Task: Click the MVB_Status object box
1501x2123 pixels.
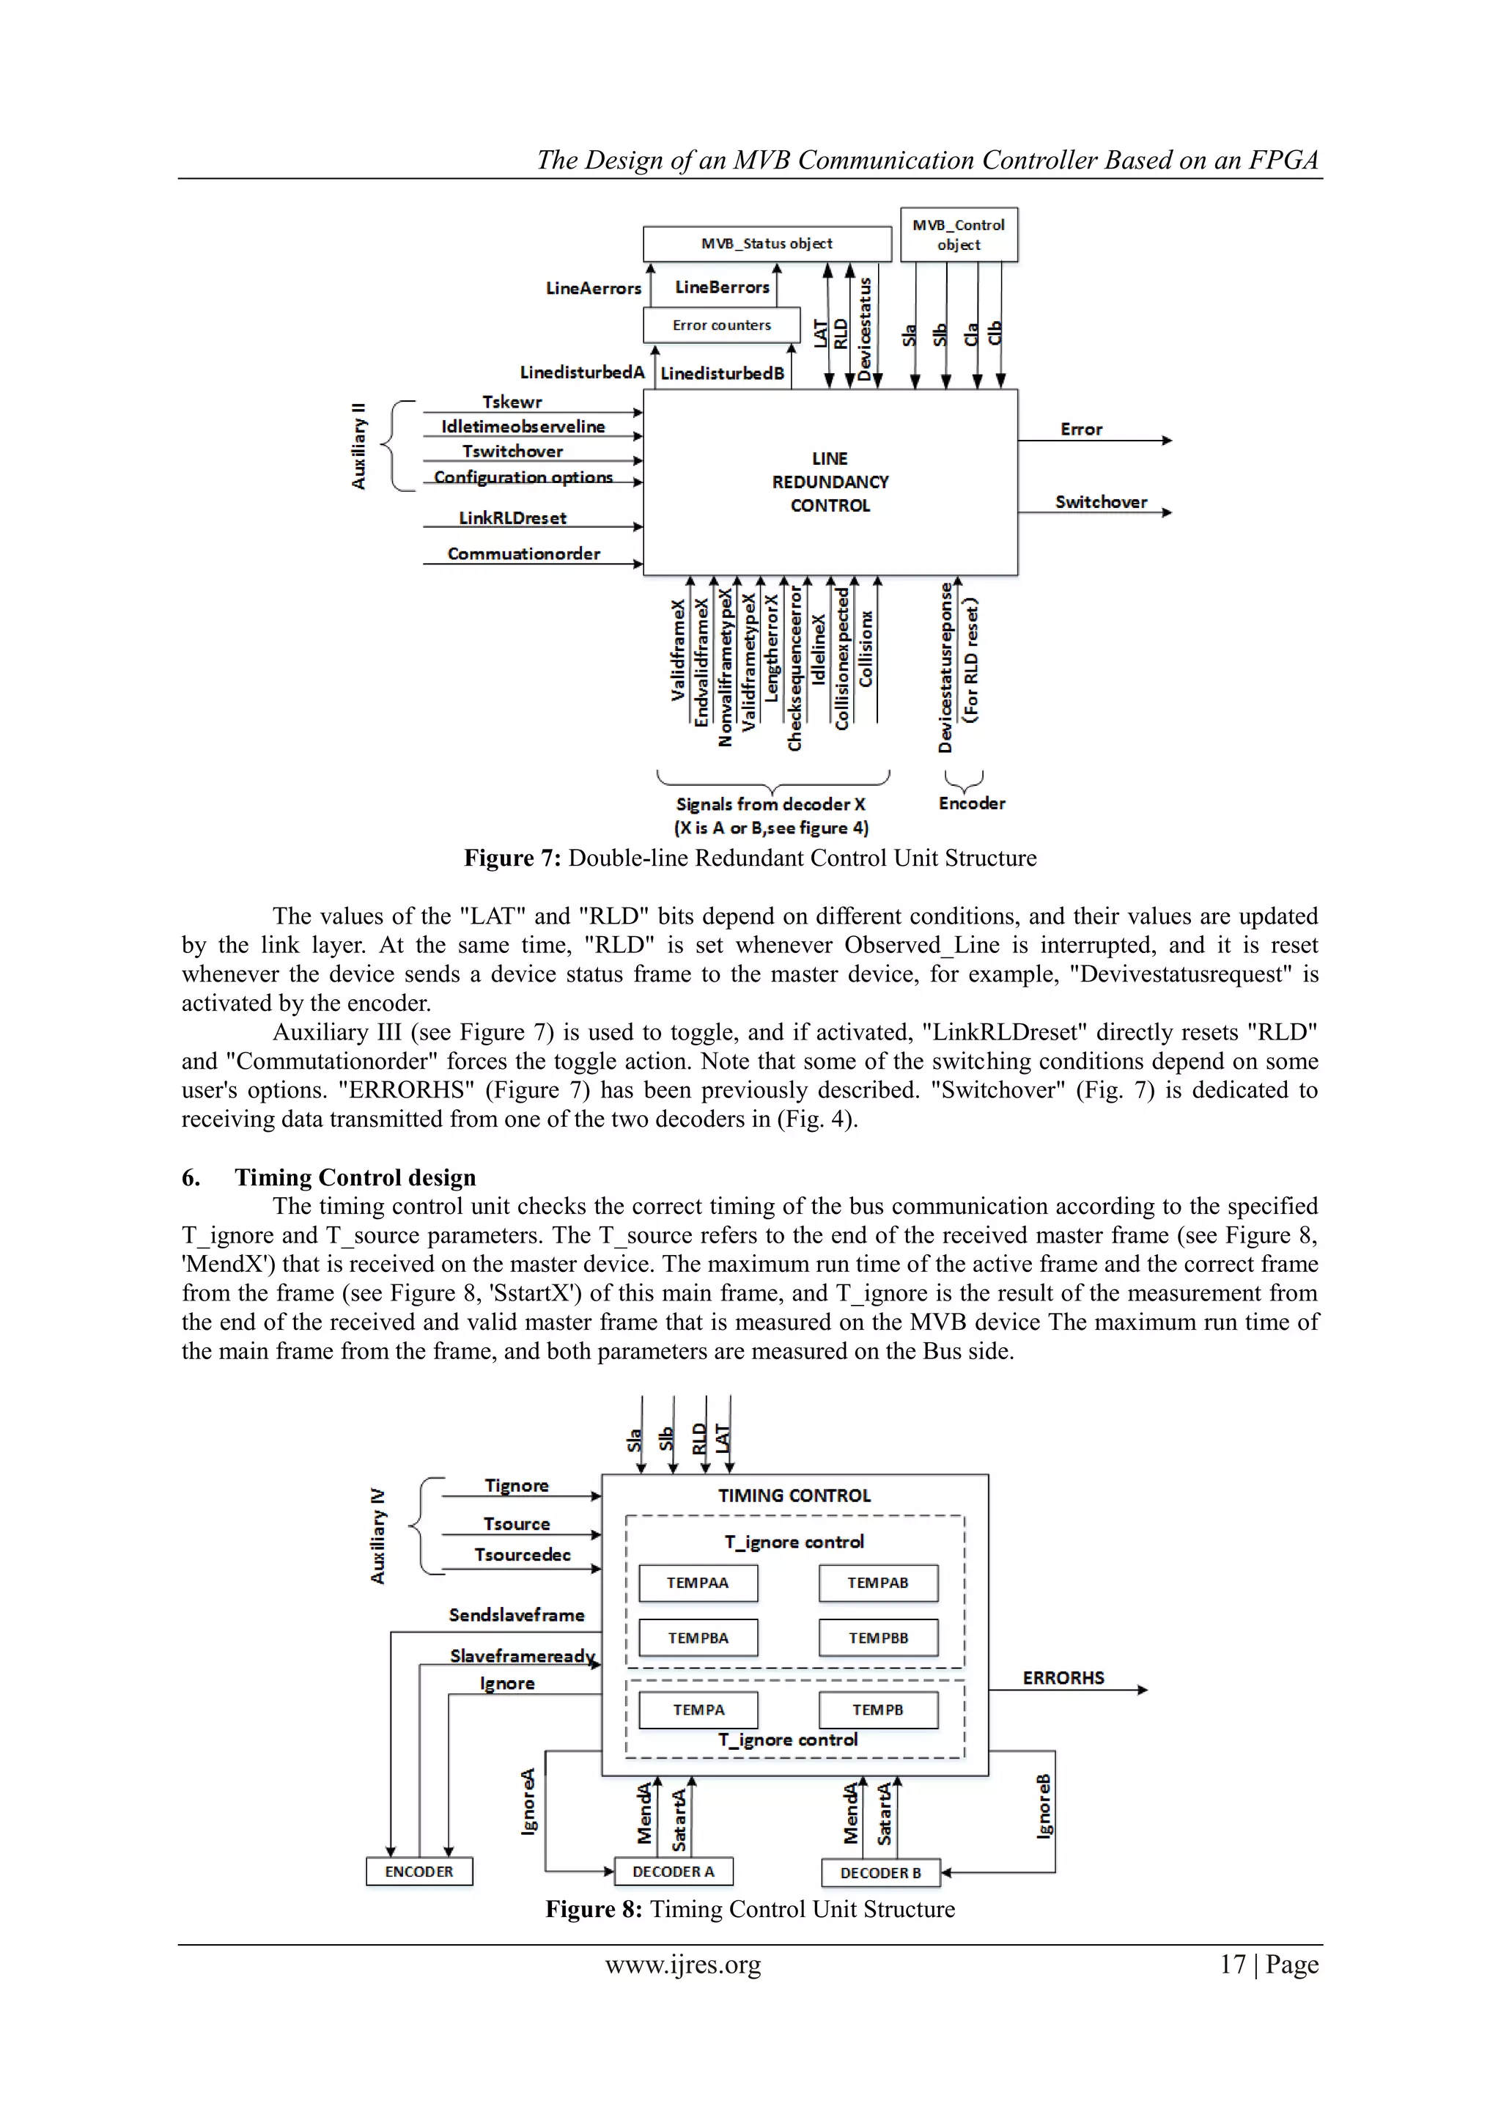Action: (x=767, y=244)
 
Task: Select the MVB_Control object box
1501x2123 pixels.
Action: (x=959, y=235)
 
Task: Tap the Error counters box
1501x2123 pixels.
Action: (x=721, y=325)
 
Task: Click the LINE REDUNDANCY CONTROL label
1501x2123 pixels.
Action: (x=830, y=482)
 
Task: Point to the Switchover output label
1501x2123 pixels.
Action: (x=1101, y=502)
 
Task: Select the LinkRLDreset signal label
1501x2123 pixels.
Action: (x=513, y=518)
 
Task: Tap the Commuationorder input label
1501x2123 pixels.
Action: (x=524, y=554)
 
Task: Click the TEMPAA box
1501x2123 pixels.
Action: (x=698, y=1583)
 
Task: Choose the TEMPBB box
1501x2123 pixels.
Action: (x=878, y=1638)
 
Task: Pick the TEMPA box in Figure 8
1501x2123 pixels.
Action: (x=698, y=1710)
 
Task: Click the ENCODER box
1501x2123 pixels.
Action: (x=418, y=1872)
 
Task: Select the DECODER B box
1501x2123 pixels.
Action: (x=880, y=1872)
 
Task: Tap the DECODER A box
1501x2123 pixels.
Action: (x=673, y=1872)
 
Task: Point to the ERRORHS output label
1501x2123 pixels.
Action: (x=1063, y=1678)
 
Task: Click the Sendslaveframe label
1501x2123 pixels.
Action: (x=517, y=1616)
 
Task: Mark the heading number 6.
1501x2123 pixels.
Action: (x=191, y=1177)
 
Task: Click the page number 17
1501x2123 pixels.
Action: (x=1233, y=1964)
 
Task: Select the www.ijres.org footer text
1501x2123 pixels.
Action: (x=683, y=1964)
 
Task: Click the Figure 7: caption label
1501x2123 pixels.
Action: (x=512, y=858)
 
